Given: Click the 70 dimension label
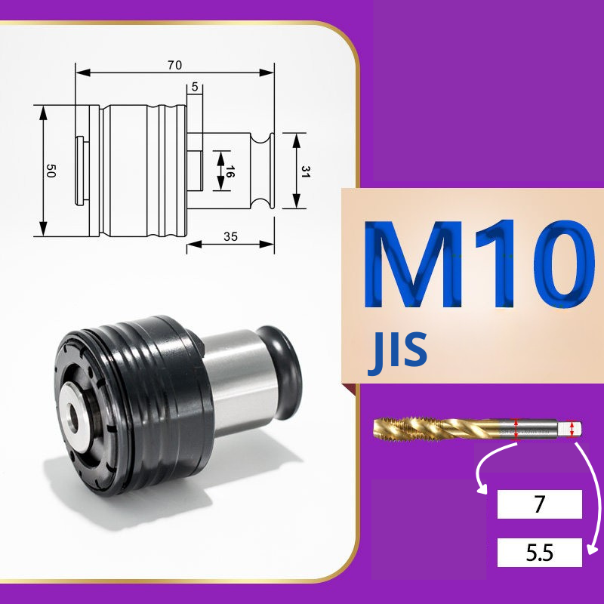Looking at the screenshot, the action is point(174,65).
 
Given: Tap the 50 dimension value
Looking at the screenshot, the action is point(51,171).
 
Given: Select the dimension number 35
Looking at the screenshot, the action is point(230,236).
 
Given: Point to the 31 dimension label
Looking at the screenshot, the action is point(306,171).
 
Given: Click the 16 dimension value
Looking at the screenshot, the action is point(230,171).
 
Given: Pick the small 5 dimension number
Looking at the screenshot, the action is point(195,87).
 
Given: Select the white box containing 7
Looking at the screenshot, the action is point(539,504).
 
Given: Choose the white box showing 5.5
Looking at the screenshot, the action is point(539,553).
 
